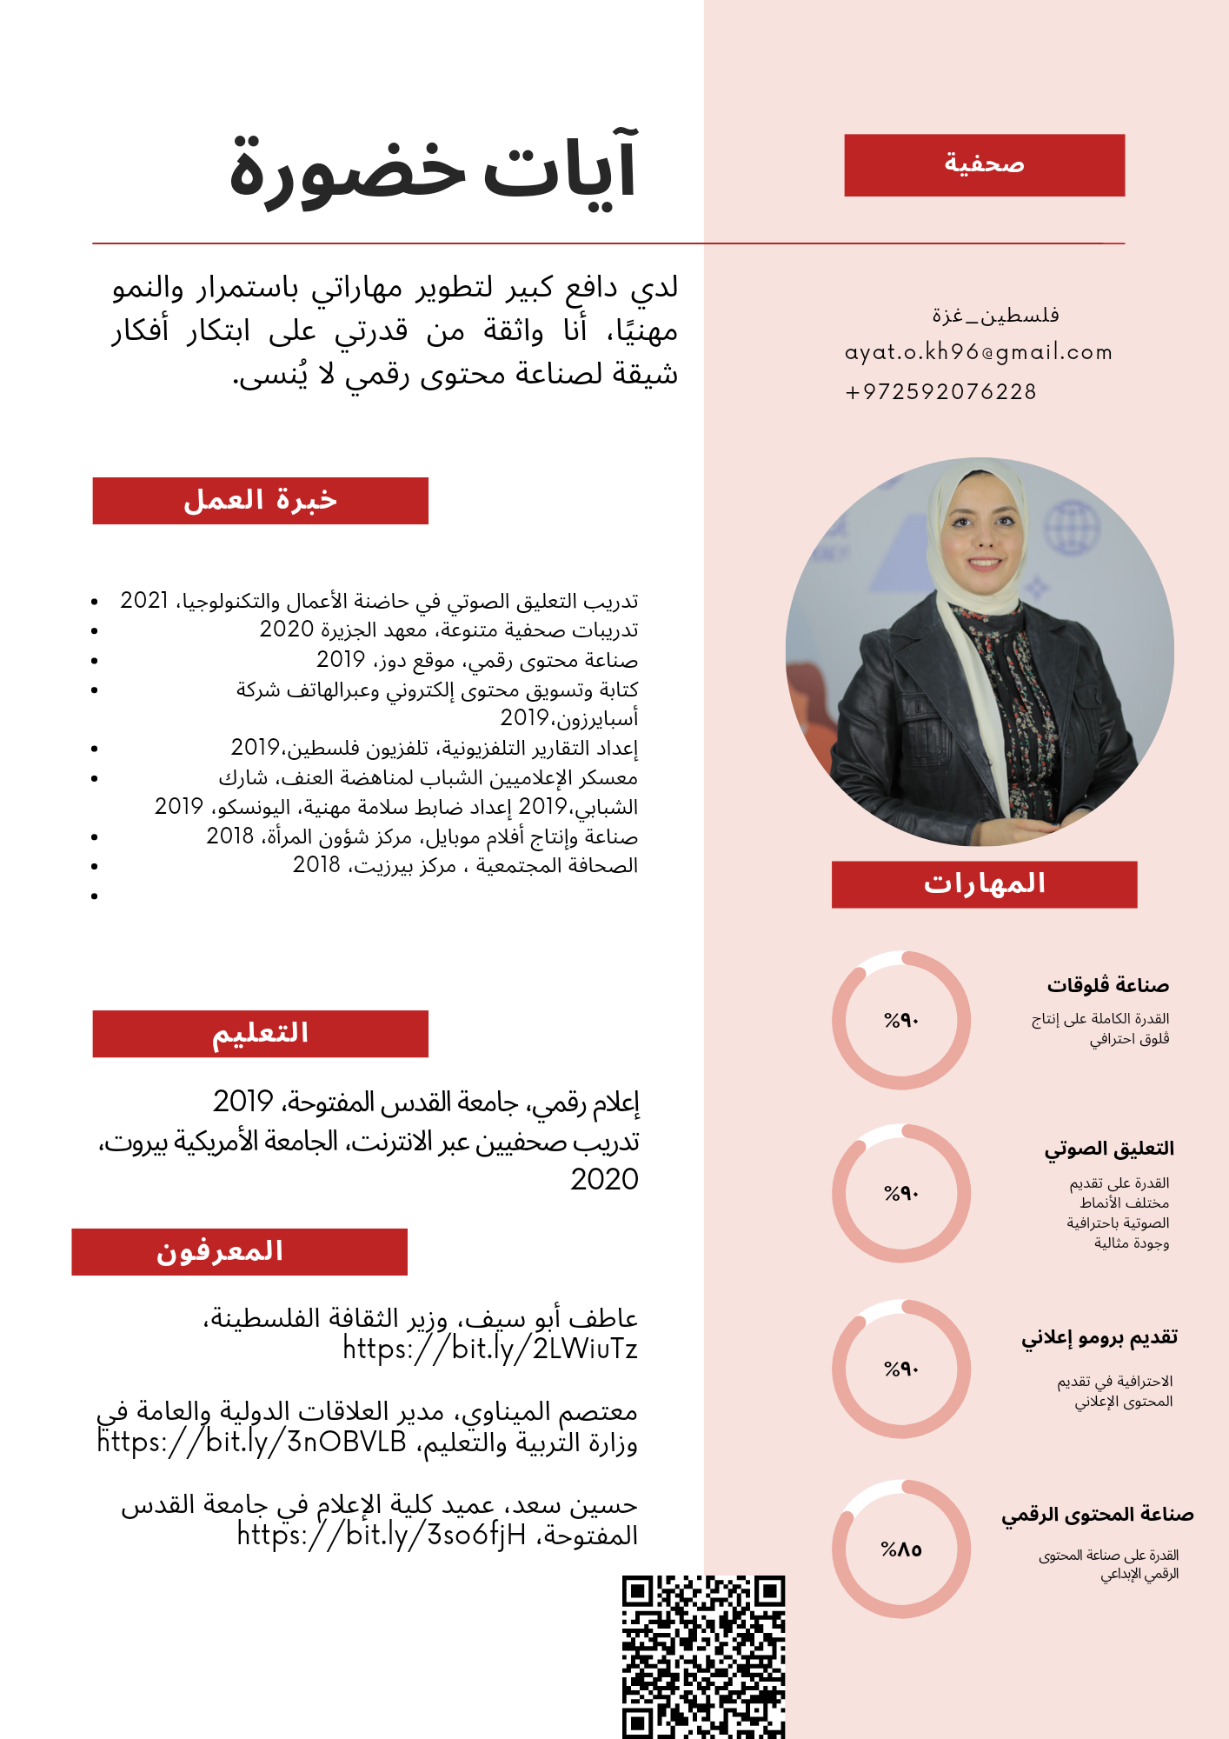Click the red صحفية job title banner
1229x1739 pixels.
pyautogui.click(x=984, y=165)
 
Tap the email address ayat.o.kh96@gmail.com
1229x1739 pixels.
pyautogui.click(x=979, y=352)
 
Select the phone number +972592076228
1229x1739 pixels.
pyautogui.click(x=941, y=392)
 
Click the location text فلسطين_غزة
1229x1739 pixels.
pyautogui.click(x=995, y=315)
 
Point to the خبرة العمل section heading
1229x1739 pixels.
pyautogui.click(x=260, y=501)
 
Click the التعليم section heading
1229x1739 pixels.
pyautogui.click(x=260, y=1034)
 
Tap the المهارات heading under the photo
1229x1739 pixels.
pyautogui.click(x=984, y=884)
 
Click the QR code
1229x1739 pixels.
pyautogui.click(x=703, y=1656)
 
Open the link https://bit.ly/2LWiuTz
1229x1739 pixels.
pyautogui.click(x=490, y=1349)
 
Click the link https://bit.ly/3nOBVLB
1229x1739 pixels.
pyautogui.click(x=252, y=1443)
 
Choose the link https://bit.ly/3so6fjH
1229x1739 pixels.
pyautogui.click(x=382, y=1536)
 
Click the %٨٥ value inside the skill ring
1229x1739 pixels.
pyautogui.click(x=901, y=1549)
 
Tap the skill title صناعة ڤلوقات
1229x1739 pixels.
pyautogui.click(x=1107, y=985)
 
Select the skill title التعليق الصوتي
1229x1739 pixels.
pyautogui.click(x=1109, y=1149)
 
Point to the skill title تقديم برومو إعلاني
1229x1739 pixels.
pyautogui.click(x=1099, y=1337)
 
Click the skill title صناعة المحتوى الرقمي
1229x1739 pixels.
pyautogui.click(x=1097, y=1515)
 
